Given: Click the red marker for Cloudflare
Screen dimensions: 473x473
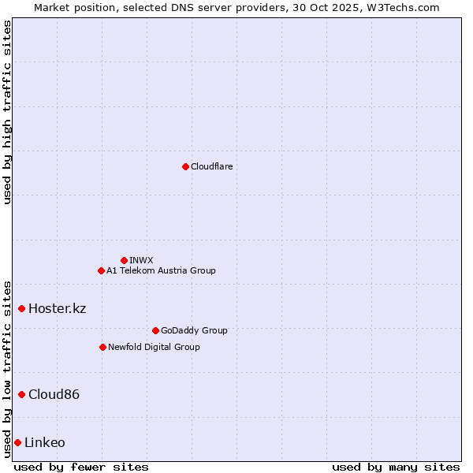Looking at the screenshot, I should click(185, 166).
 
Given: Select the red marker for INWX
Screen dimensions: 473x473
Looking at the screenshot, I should click(124, 260).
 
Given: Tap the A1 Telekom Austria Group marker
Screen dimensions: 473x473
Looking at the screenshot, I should click(101, 270).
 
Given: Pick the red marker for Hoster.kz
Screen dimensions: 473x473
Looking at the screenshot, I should click(21, 308).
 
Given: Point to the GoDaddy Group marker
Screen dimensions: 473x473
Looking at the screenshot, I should click(155, 330).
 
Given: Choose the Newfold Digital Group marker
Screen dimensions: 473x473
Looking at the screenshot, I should click(102, 347).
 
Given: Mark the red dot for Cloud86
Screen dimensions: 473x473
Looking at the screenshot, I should click(21, 394).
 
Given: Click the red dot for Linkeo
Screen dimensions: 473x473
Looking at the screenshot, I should click(17, 442).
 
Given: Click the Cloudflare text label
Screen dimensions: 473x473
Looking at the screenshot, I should click(211, 166).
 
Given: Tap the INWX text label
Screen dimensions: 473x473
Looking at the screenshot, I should click(141, 260).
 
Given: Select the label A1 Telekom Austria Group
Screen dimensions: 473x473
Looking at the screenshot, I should click(161, 270).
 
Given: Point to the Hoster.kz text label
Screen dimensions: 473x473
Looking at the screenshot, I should click(57, 308).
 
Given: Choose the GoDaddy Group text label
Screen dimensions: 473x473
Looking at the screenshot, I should click(194, 330).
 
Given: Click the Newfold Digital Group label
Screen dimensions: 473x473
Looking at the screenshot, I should click(154, 347).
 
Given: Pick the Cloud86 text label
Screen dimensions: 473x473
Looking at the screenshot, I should click(54, 394).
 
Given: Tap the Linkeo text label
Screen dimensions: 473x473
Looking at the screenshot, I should click(45, 442).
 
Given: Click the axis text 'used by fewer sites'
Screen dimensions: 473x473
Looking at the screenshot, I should click(81, 467).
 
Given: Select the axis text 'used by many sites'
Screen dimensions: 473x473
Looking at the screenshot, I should click(396, 467).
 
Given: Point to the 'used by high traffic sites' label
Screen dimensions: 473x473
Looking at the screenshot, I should click(7, 112).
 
